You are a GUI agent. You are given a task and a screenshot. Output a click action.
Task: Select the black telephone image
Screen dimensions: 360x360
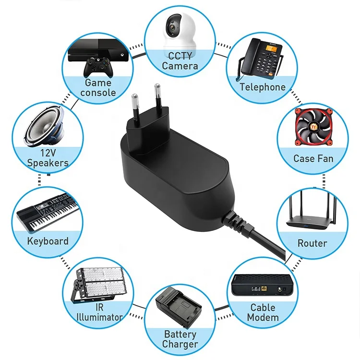point(259,59)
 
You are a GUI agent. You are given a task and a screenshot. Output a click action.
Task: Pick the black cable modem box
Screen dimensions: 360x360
point(262,286)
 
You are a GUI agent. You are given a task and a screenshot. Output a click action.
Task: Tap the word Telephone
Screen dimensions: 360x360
point(263,87)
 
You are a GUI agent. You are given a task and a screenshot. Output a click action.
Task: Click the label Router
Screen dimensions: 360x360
point(312,243)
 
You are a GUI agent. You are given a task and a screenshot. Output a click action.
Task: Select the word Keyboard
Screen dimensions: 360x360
point(48,241)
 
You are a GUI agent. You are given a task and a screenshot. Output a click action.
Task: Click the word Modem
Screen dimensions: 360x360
point(263,318)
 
